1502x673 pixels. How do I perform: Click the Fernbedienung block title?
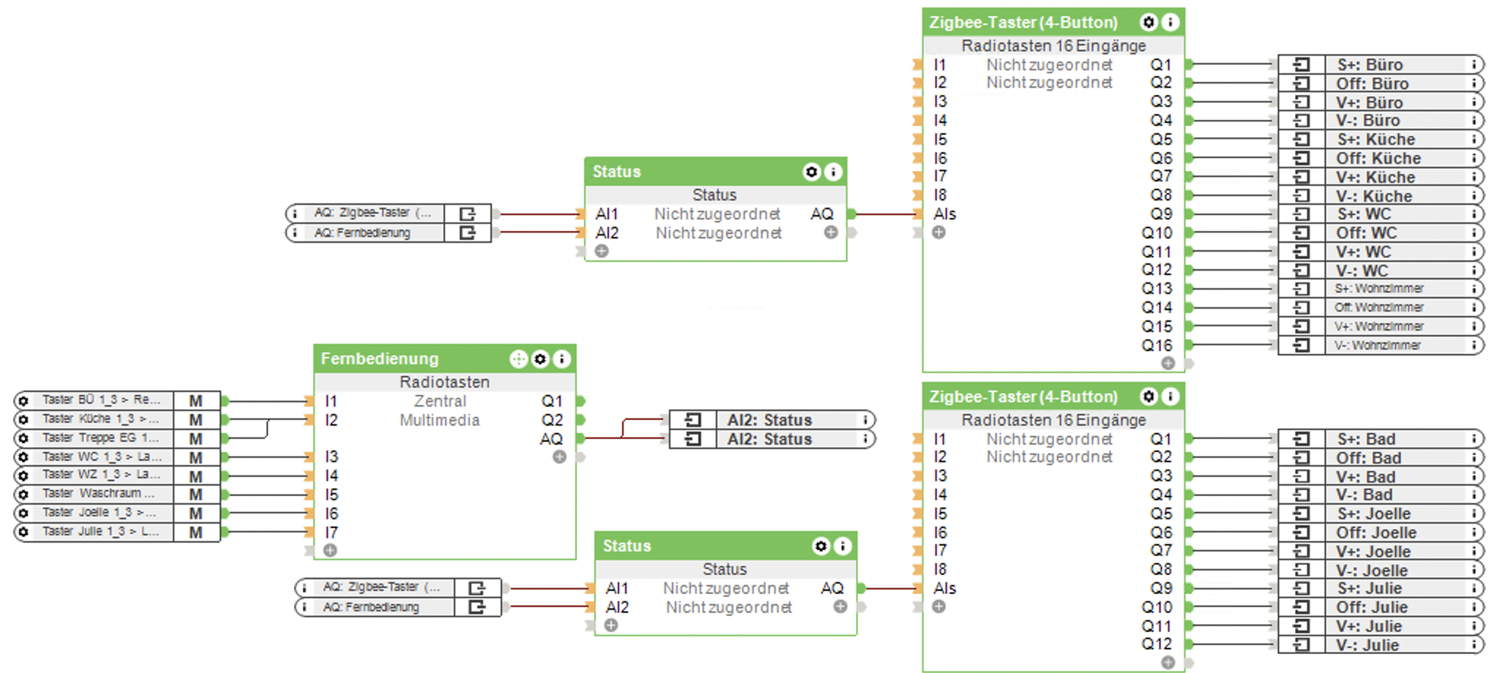(x=379, y=358)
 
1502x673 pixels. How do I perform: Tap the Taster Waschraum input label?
(x=98, y=494)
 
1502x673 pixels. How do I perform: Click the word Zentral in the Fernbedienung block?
(x=439, y=401)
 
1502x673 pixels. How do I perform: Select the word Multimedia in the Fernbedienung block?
(x=439, y=420)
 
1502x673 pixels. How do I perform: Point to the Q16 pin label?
(x=1157, y=345)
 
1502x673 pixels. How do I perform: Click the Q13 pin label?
(x=1157, y=289)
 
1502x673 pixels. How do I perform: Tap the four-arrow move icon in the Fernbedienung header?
(x=518, y=358)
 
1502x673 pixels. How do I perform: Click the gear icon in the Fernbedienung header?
(x=540, y=358)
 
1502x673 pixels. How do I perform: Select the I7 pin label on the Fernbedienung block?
(x=331, y=533)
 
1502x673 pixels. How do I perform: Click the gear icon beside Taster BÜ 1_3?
(x=23, y=401)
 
